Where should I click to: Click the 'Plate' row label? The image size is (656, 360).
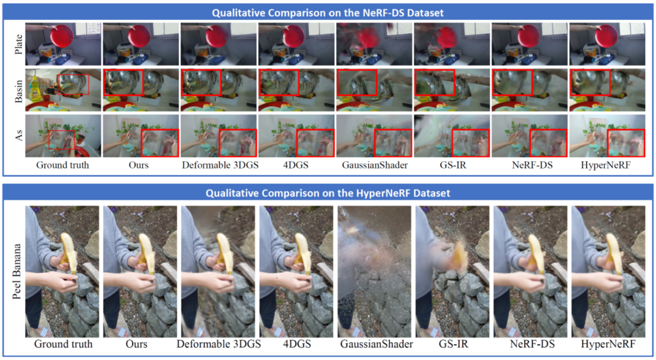(x=19, y=44)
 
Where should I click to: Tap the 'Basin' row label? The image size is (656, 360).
(x=19, y=90)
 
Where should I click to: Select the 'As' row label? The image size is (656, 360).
(x=19, y=135)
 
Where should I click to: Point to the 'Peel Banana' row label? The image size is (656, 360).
(x=16, y=272)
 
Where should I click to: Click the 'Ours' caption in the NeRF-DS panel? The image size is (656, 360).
(x=138, y=165)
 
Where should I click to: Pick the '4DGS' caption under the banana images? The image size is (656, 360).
(x=296, y=344)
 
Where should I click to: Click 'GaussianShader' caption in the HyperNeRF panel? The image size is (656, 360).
(x=377, y=344)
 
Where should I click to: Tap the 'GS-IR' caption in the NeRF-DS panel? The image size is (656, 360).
(x=454, y=165)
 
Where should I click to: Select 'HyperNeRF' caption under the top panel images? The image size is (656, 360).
(x=605, y=165)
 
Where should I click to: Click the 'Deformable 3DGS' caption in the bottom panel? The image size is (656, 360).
(x=219, y=344)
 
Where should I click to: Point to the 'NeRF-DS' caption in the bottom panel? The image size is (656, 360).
(x=532, y=344)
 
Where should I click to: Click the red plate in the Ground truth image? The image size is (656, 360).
(x=62, y=36)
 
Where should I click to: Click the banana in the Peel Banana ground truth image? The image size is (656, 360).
(x=68, y=254)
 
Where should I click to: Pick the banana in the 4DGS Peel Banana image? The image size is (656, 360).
(x=302, y=254)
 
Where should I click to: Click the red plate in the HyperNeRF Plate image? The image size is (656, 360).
(x=606, y=36)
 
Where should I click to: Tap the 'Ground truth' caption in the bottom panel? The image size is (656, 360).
(x=63, y=344)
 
